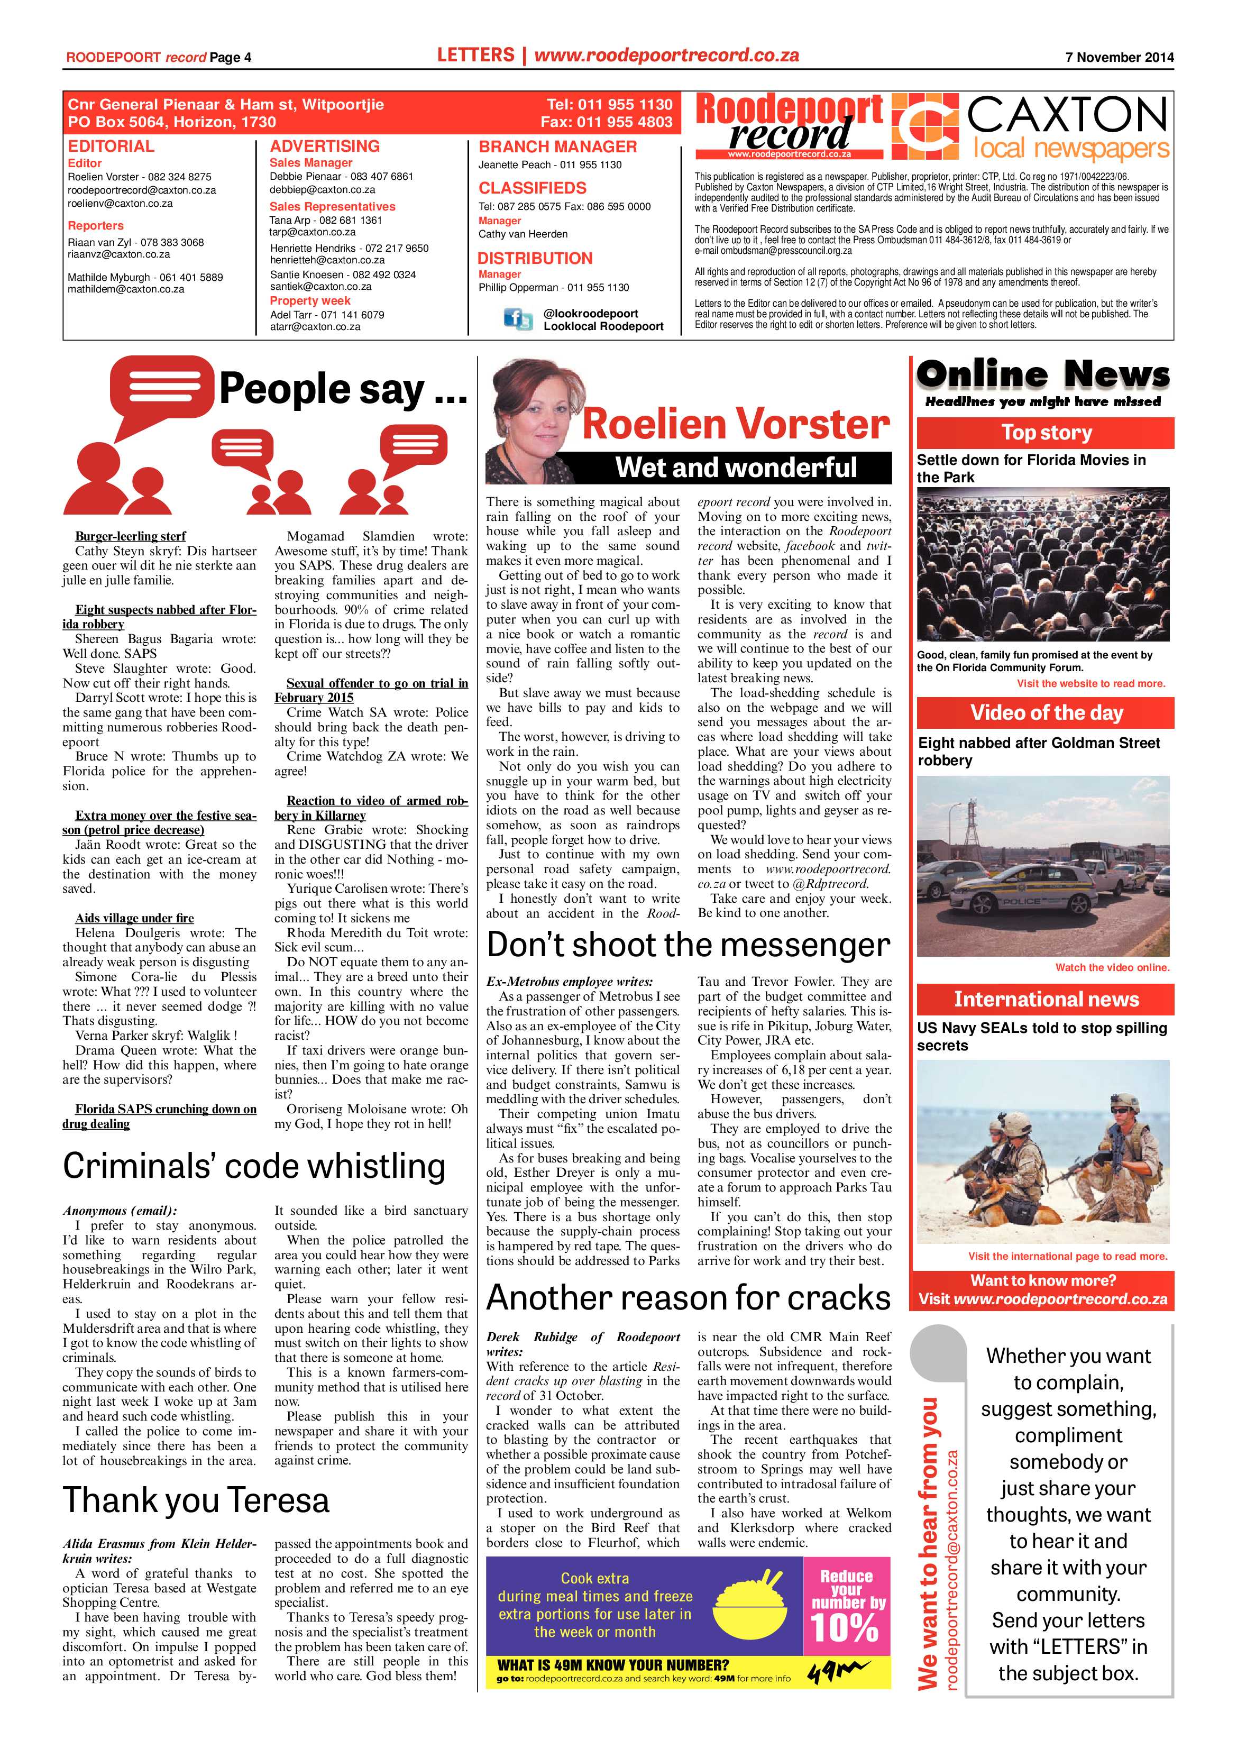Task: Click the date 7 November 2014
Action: pyautogui.click(x=1119, y=57)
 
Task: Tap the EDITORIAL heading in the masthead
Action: pyautogui.click(x=111, y=146)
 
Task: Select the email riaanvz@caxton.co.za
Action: pyautogui.click(x=119, y=254)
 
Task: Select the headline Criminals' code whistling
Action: pyautogui.click(x=254, y=1166)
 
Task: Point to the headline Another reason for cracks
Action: pyautogui.click(x=688, y=1297)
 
